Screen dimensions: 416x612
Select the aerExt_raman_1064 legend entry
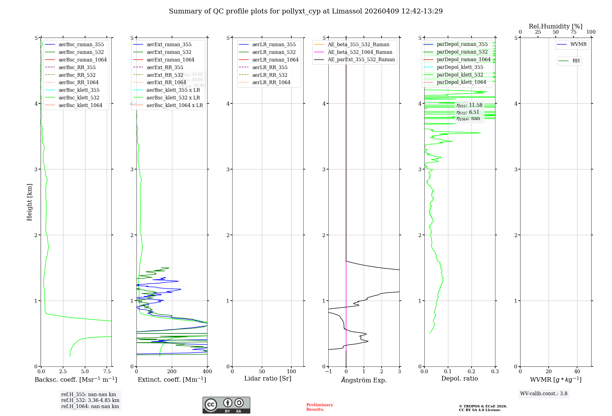point(170,60)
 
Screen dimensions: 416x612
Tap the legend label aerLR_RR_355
point(270,67)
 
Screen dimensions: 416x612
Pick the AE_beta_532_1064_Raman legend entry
point(360,52)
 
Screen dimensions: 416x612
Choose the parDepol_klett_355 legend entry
point(460,67)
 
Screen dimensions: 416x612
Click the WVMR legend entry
point(578,44)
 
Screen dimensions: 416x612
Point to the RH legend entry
point(576,61)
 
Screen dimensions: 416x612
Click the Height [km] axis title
point(29,202)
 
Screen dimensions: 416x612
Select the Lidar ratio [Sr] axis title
point(268,378)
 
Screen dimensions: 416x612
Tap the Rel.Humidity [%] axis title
point(555,26)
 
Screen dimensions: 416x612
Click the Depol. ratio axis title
point(459,378)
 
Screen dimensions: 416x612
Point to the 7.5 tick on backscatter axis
point(107,372)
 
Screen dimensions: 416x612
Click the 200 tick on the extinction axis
point(172,372)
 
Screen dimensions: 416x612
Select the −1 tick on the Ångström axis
point(328,372)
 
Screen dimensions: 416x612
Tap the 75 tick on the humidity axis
point(573,32)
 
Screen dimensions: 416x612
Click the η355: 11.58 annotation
point(469,105)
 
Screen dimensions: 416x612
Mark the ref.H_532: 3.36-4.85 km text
point(90,400)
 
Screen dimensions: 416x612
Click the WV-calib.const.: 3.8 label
point(543,394)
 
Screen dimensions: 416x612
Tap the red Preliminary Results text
point(319,407)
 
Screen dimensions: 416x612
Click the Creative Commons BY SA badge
point(226,405)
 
